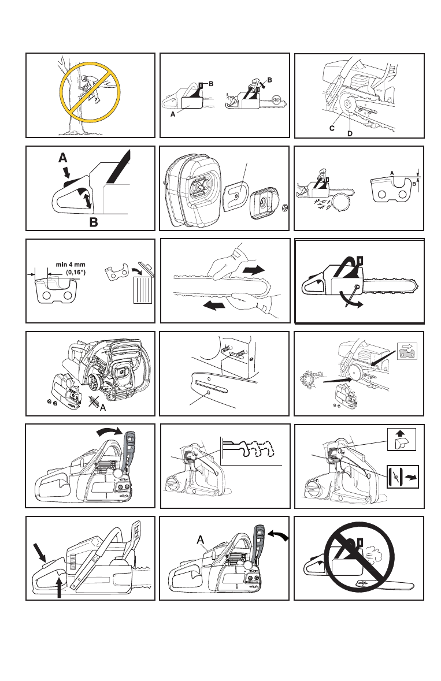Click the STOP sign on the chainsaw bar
pyautogui.click(x=276, y=100)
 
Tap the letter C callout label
pyautogui.click(x=332, y=128)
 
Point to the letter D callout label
pyautogui.click(x=350, y=133)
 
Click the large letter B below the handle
pyautogui.click(x=94, y=222)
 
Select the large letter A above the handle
pyautogui.click(x=63, y=157)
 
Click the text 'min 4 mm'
pyautogui.click(x=71, y=265)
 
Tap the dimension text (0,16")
pyautogui.click(x=76, y=272)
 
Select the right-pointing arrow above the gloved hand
pyautogui.click(x=254, y=270)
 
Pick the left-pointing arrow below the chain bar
pyautogui.click(x=214, y=306)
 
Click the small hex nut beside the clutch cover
pyautogui.click(x=285, y=207)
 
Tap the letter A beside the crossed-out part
pyautogui.click(x=102, y=408)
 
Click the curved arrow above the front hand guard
pyautogui.click(x=110, y=431)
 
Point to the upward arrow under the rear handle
pyautogui.click(x=59, y=587)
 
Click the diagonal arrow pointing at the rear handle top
pyautogui.click(x=39, y=553)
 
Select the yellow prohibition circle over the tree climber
pyautogui.click(x=90, y=92)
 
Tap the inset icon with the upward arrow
pyautogui.click(x=402, y=439)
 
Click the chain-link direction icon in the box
pyautogui.click(x=407, y=351)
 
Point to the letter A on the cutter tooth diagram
pyautogui.click(x=391, y=173)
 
